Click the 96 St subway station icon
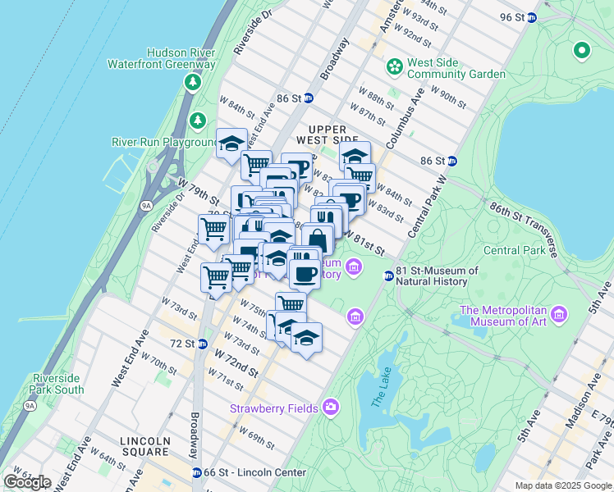[531, 17]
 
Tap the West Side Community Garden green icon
[395, 65]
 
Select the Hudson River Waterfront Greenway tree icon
[193, 81]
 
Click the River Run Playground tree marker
[197, 121]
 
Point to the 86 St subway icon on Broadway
[309, 98]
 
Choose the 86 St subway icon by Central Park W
[451, 161]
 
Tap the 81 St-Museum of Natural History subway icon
[388, 276]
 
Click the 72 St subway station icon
[201, 343]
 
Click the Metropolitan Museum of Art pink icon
[559, 314]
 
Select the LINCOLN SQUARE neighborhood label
[145, 447]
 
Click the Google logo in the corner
[28, 482]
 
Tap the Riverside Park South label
[58, 383]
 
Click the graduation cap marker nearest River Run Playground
[231, 143]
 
